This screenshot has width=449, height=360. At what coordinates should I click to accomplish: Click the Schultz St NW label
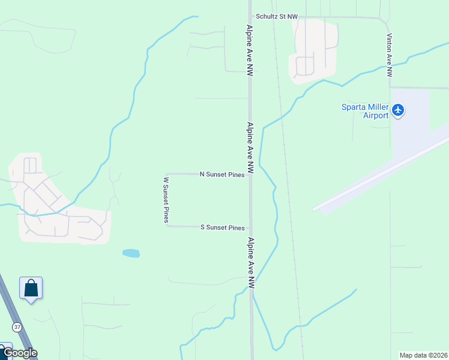point(276,17)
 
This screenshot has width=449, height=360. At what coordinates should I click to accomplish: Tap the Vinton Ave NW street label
point(390,55)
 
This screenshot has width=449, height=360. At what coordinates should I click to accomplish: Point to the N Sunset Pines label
point(222,175)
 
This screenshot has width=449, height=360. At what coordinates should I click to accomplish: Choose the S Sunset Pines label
point(222,228)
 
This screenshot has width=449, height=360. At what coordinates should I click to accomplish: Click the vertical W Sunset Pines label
point(166,199)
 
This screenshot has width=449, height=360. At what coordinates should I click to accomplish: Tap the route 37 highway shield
point(17,327)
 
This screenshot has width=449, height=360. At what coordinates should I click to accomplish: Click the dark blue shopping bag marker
point(31,288)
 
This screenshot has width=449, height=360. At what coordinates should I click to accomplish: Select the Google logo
point(19,353)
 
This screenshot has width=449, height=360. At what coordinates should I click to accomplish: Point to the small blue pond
point(131,253)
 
